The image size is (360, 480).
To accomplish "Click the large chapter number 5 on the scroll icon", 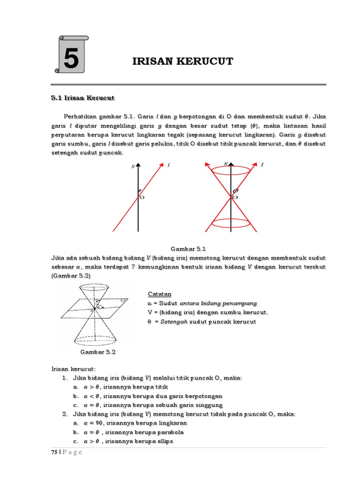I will point(71,60).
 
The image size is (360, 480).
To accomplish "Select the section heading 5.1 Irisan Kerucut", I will point(82,98).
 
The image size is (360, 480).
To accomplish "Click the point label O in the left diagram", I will point(142,197).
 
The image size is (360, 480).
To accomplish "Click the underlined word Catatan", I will point(159,294).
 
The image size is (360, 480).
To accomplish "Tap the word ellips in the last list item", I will point(165,442).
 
